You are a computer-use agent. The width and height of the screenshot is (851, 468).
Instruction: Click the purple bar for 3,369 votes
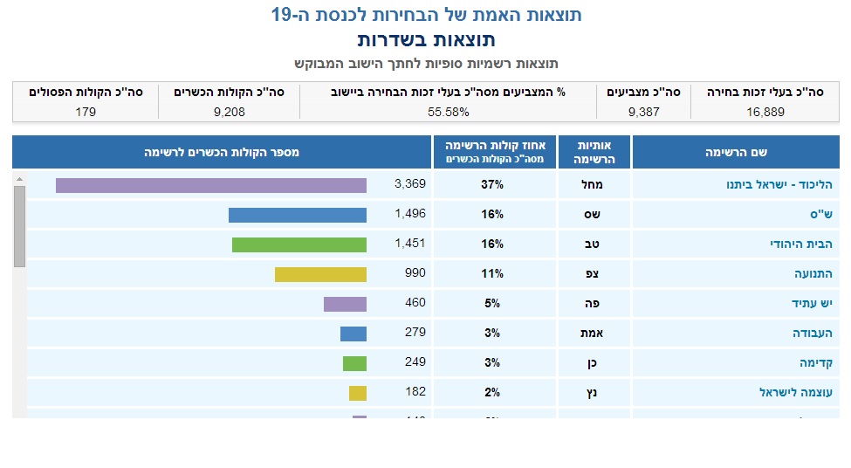210,185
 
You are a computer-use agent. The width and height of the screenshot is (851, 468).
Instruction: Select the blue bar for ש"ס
297,215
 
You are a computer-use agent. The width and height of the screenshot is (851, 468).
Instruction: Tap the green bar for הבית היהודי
299,244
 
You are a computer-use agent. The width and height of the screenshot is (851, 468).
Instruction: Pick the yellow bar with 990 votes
320,274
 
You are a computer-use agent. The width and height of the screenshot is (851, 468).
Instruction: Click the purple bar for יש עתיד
345,304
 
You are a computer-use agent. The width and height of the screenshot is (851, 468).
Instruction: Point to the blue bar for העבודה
353,334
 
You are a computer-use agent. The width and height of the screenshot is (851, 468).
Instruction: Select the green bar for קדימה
354,363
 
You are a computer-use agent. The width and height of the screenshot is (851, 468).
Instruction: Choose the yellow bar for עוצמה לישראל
357,393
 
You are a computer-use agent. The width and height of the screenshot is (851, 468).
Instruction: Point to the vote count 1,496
409,214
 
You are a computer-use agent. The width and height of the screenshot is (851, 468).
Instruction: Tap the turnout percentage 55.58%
449,112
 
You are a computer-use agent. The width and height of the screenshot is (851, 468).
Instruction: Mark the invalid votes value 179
86,112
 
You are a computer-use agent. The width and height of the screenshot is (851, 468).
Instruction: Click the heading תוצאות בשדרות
426,40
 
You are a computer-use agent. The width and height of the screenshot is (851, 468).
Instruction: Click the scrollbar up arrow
19,179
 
